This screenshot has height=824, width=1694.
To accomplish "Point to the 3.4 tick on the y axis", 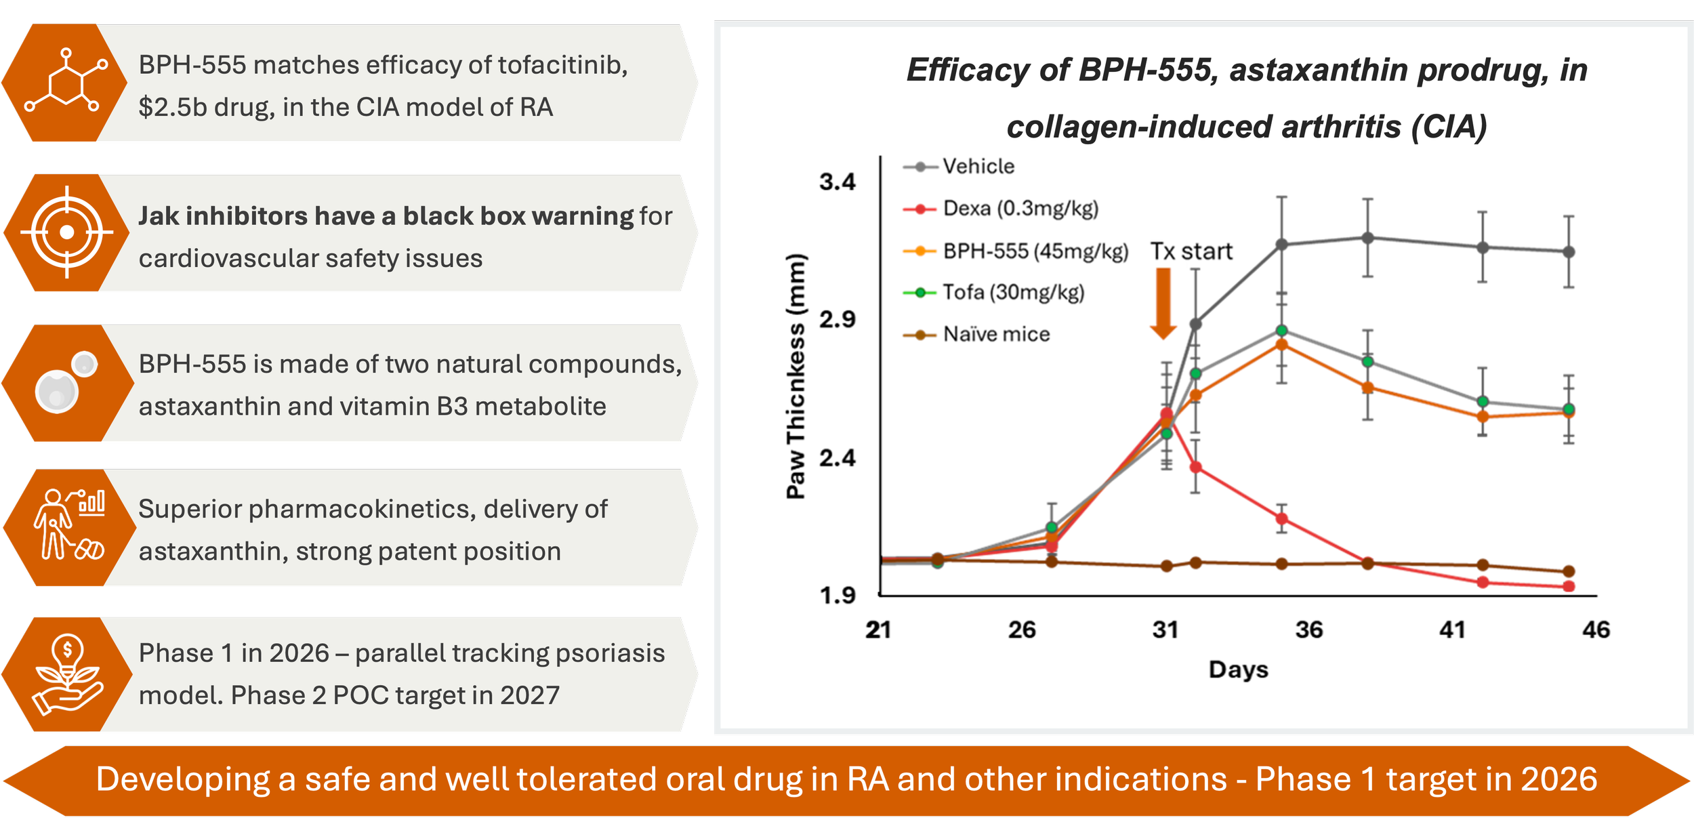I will coord(838,182).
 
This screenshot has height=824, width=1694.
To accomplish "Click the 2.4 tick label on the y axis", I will coord(838,458).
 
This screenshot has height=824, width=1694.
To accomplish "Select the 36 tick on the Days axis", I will coord(1308,630).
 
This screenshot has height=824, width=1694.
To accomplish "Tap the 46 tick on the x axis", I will coord(1596,630).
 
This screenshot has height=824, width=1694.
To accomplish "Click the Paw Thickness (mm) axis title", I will coord(796,377).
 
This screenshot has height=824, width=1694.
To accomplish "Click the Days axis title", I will coord(1238,669).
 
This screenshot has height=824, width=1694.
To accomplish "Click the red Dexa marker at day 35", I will coord(1281,519).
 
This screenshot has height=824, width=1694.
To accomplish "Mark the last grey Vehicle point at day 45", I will coord(1569,251).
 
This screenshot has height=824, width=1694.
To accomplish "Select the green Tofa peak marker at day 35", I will coord(1281,331).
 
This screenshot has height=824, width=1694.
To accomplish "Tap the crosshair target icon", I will coord(66,232).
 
